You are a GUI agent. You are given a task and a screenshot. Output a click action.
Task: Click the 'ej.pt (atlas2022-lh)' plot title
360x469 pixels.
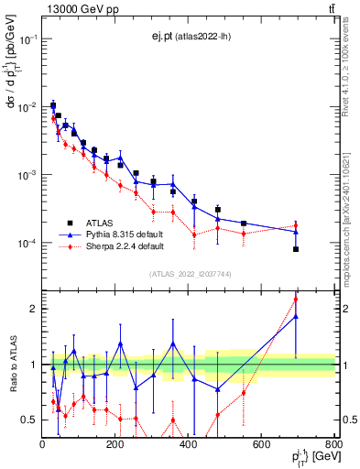click(x=190, y=36)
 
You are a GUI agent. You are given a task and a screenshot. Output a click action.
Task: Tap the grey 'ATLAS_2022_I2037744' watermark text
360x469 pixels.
click(x=189, y=274)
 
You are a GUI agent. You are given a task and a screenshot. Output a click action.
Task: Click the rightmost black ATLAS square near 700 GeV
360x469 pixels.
click(x=296, y=249)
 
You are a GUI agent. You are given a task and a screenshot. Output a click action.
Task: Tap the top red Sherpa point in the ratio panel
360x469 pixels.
click(x=296, y=299)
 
